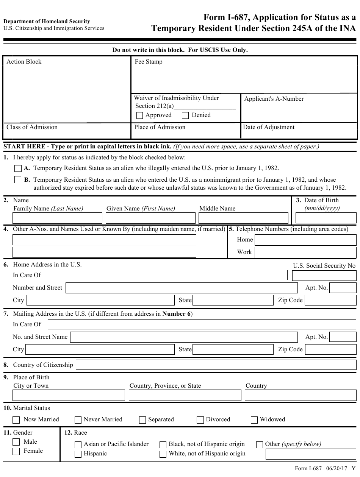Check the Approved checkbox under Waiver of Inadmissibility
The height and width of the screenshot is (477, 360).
click(139, 115)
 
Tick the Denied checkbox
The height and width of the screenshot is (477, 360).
click(185, 115)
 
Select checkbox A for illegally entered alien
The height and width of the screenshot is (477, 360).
click(18, 168)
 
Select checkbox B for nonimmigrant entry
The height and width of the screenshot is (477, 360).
click(18, 180)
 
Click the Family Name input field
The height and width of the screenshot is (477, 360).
click(57, 218)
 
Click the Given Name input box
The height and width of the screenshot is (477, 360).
click(150, 218)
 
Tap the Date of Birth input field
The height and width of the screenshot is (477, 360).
click(326, 218)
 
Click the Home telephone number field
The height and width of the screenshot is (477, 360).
click(305, 240)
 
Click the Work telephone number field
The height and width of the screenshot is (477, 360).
click(305, 252)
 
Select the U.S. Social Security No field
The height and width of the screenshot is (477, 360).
click(324, 275)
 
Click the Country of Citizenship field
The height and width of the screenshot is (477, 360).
click(216, 365)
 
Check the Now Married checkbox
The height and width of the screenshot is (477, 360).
click(16, 420)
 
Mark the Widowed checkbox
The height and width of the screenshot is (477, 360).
click(254, 420)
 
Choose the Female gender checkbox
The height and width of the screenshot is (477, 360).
click(16, 451)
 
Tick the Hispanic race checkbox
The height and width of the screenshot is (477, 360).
click(78, 454)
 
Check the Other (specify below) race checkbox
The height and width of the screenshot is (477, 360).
click(260, 445)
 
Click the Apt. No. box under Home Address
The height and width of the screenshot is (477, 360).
click(343, 288)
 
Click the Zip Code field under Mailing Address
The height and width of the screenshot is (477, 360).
click(330, 349)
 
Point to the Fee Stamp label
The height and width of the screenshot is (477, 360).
click(149, 62)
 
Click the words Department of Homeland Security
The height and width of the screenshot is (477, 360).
click(47, 22)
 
